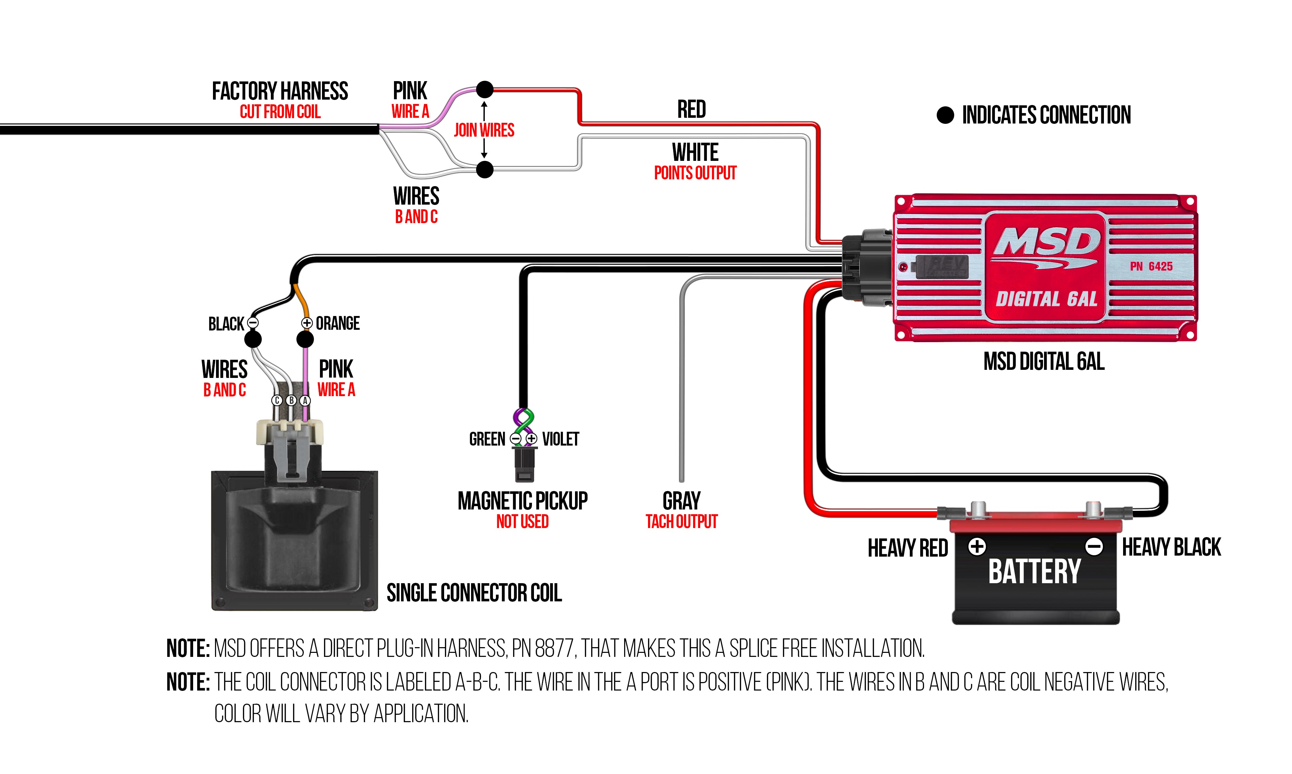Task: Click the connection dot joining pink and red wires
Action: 485,90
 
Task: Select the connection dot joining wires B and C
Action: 485,170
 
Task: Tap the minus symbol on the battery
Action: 1094,547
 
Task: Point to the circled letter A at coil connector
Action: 305,400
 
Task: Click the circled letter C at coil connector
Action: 277,400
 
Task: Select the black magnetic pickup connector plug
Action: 524,464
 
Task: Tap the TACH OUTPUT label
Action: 681,522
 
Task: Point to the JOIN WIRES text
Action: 484,130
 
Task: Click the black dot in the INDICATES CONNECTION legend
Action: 945,115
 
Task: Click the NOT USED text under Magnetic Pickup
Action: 523,522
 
